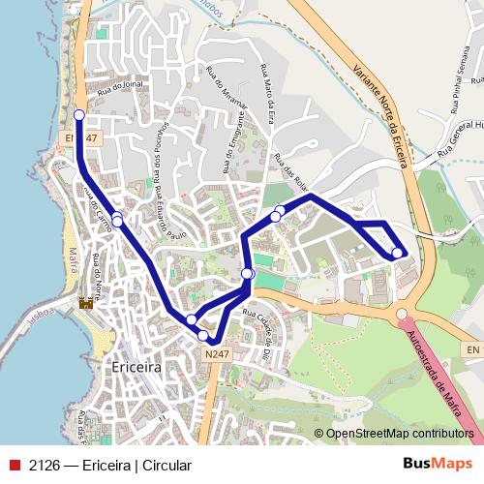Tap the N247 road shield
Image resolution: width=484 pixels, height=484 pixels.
click(218, 355)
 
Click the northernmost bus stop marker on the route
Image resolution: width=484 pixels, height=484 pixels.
click(79, 115)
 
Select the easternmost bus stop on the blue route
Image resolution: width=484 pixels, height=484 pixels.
click(397, 253)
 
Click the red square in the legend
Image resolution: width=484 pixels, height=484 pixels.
click(14, 466)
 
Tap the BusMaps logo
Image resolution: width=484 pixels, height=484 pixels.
click(437, 465)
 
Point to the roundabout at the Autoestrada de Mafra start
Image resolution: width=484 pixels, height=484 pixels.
click(402, 315)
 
